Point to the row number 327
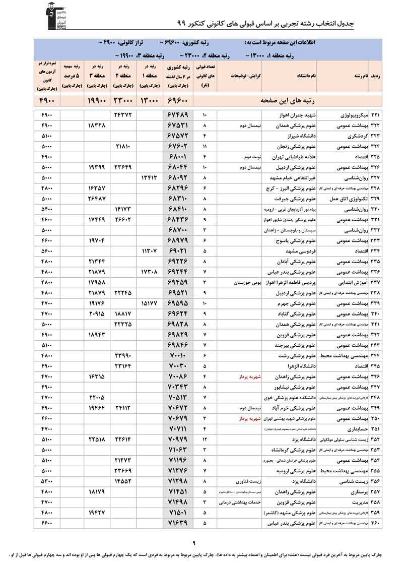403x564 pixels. (x=376, y=177)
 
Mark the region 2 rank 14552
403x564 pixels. (x=122, y=481)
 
